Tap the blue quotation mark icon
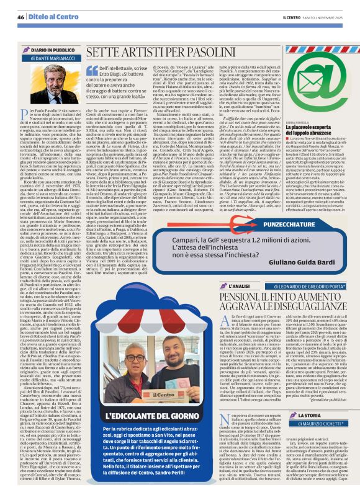tap(92, 71)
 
